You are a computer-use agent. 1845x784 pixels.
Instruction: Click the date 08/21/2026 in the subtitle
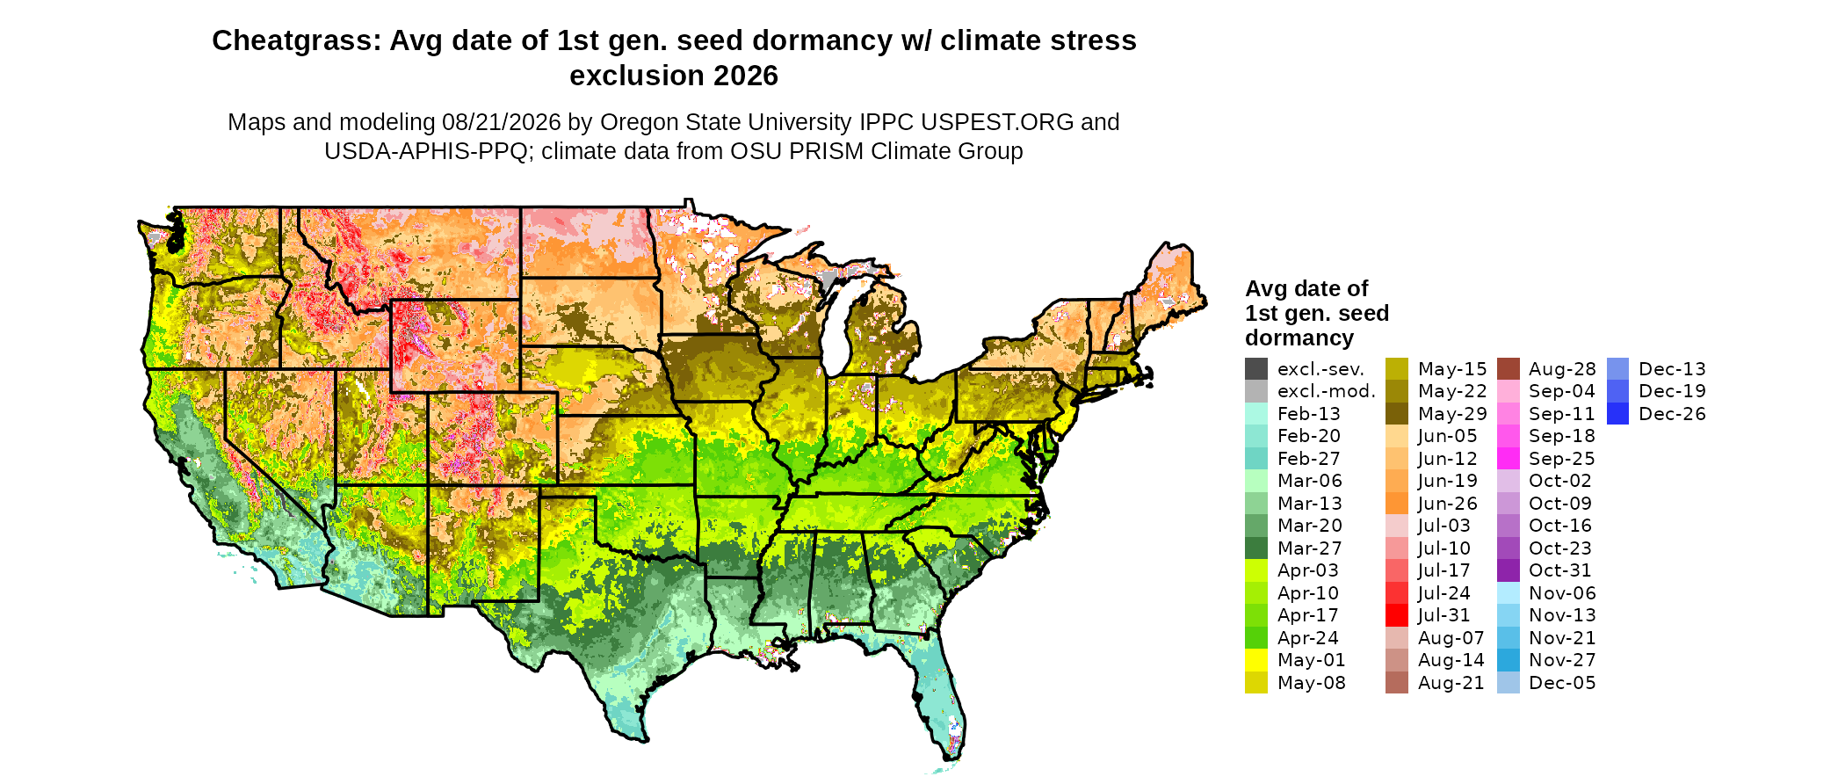click(x=510, y=122)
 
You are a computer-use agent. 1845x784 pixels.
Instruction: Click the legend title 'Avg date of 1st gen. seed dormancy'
click(x=1317, y=313)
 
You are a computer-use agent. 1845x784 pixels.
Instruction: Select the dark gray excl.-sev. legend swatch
click(x=1256, y=369)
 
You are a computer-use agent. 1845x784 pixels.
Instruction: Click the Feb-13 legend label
click(x=1309, y=414)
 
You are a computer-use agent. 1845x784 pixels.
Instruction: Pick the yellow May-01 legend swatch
click(x=1256, y=660)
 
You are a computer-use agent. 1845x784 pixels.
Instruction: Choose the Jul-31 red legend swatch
click(x=1397, y=615)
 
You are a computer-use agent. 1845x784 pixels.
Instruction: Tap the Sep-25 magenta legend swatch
click(x=1509, y=459)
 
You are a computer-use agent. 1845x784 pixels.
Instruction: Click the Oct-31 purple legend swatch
click(x=1509, y=570)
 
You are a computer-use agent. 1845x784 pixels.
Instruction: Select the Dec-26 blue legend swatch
click(x=1618, y=414)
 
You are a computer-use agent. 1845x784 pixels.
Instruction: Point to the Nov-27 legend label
click(x=1562, y=660)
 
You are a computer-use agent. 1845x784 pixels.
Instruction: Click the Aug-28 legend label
click(x=1562, y=369)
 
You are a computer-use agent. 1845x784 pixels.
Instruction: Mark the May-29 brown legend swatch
click(x=1397, y=414)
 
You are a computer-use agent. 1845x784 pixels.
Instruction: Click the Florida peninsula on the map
click(x=940, y=694)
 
